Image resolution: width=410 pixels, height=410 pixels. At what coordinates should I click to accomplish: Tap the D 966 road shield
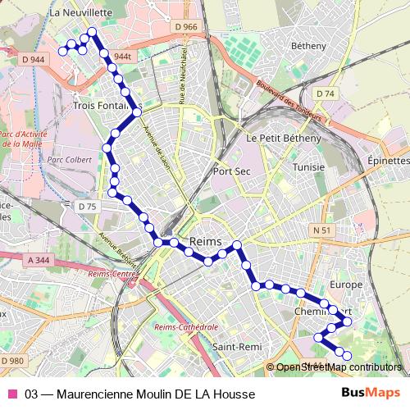click(186, 27)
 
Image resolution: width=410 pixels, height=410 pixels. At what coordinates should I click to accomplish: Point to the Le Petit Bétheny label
click(284, 139)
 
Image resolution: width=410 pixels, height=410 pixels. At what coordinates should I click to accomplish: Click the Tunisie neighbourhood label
click(309, 166)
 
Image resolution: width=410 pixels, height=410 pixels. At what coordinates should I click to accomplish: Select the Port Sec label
click(231, 171)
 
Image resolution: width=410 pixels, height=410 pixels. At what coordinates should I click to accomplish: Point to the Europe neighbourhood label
click(344, 285)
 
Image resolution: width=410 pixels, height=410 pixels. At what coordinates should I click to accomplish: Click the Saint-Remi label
click(237, 347)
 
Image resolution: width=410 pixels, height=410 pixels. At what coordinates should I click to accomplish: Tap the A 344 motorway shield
click(39, 260)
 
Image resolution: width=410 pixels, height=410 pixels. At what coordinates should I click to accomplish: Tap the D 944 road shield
click(34, 59)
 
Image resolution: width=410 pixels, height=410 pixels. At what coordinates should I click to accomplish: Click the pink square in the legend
click(12, 394)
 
